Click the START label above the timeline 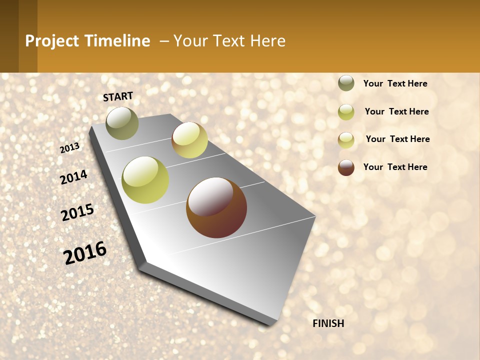pos(118,96)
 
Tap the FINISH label pos(328,323)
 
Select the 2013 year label pos(70,148)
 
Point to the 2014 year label pos(73,177)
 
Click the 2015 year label pos(77,212)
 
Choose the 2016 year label pos(85,252)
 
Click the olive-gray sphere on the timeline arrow pos(122,123)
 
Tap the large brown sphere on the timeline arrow pos(216,207)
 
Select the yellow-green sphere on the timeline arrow pos(145,180)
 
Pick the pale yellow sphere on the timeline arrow pos(189,140)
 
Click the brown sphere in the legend pos(346,167)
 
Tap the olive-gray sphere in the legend pos(346,83)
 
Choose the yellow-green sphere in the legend pos(346,112)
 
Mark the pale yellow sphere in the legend pos(346,140)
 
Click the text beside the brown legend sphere pos(395,167)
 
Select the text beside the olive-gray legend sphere pos(395,83)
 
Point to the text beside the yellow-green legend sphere pos(396,111)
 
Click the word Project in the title pos(52,41)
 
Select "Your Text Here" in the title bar pos(229,41)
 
